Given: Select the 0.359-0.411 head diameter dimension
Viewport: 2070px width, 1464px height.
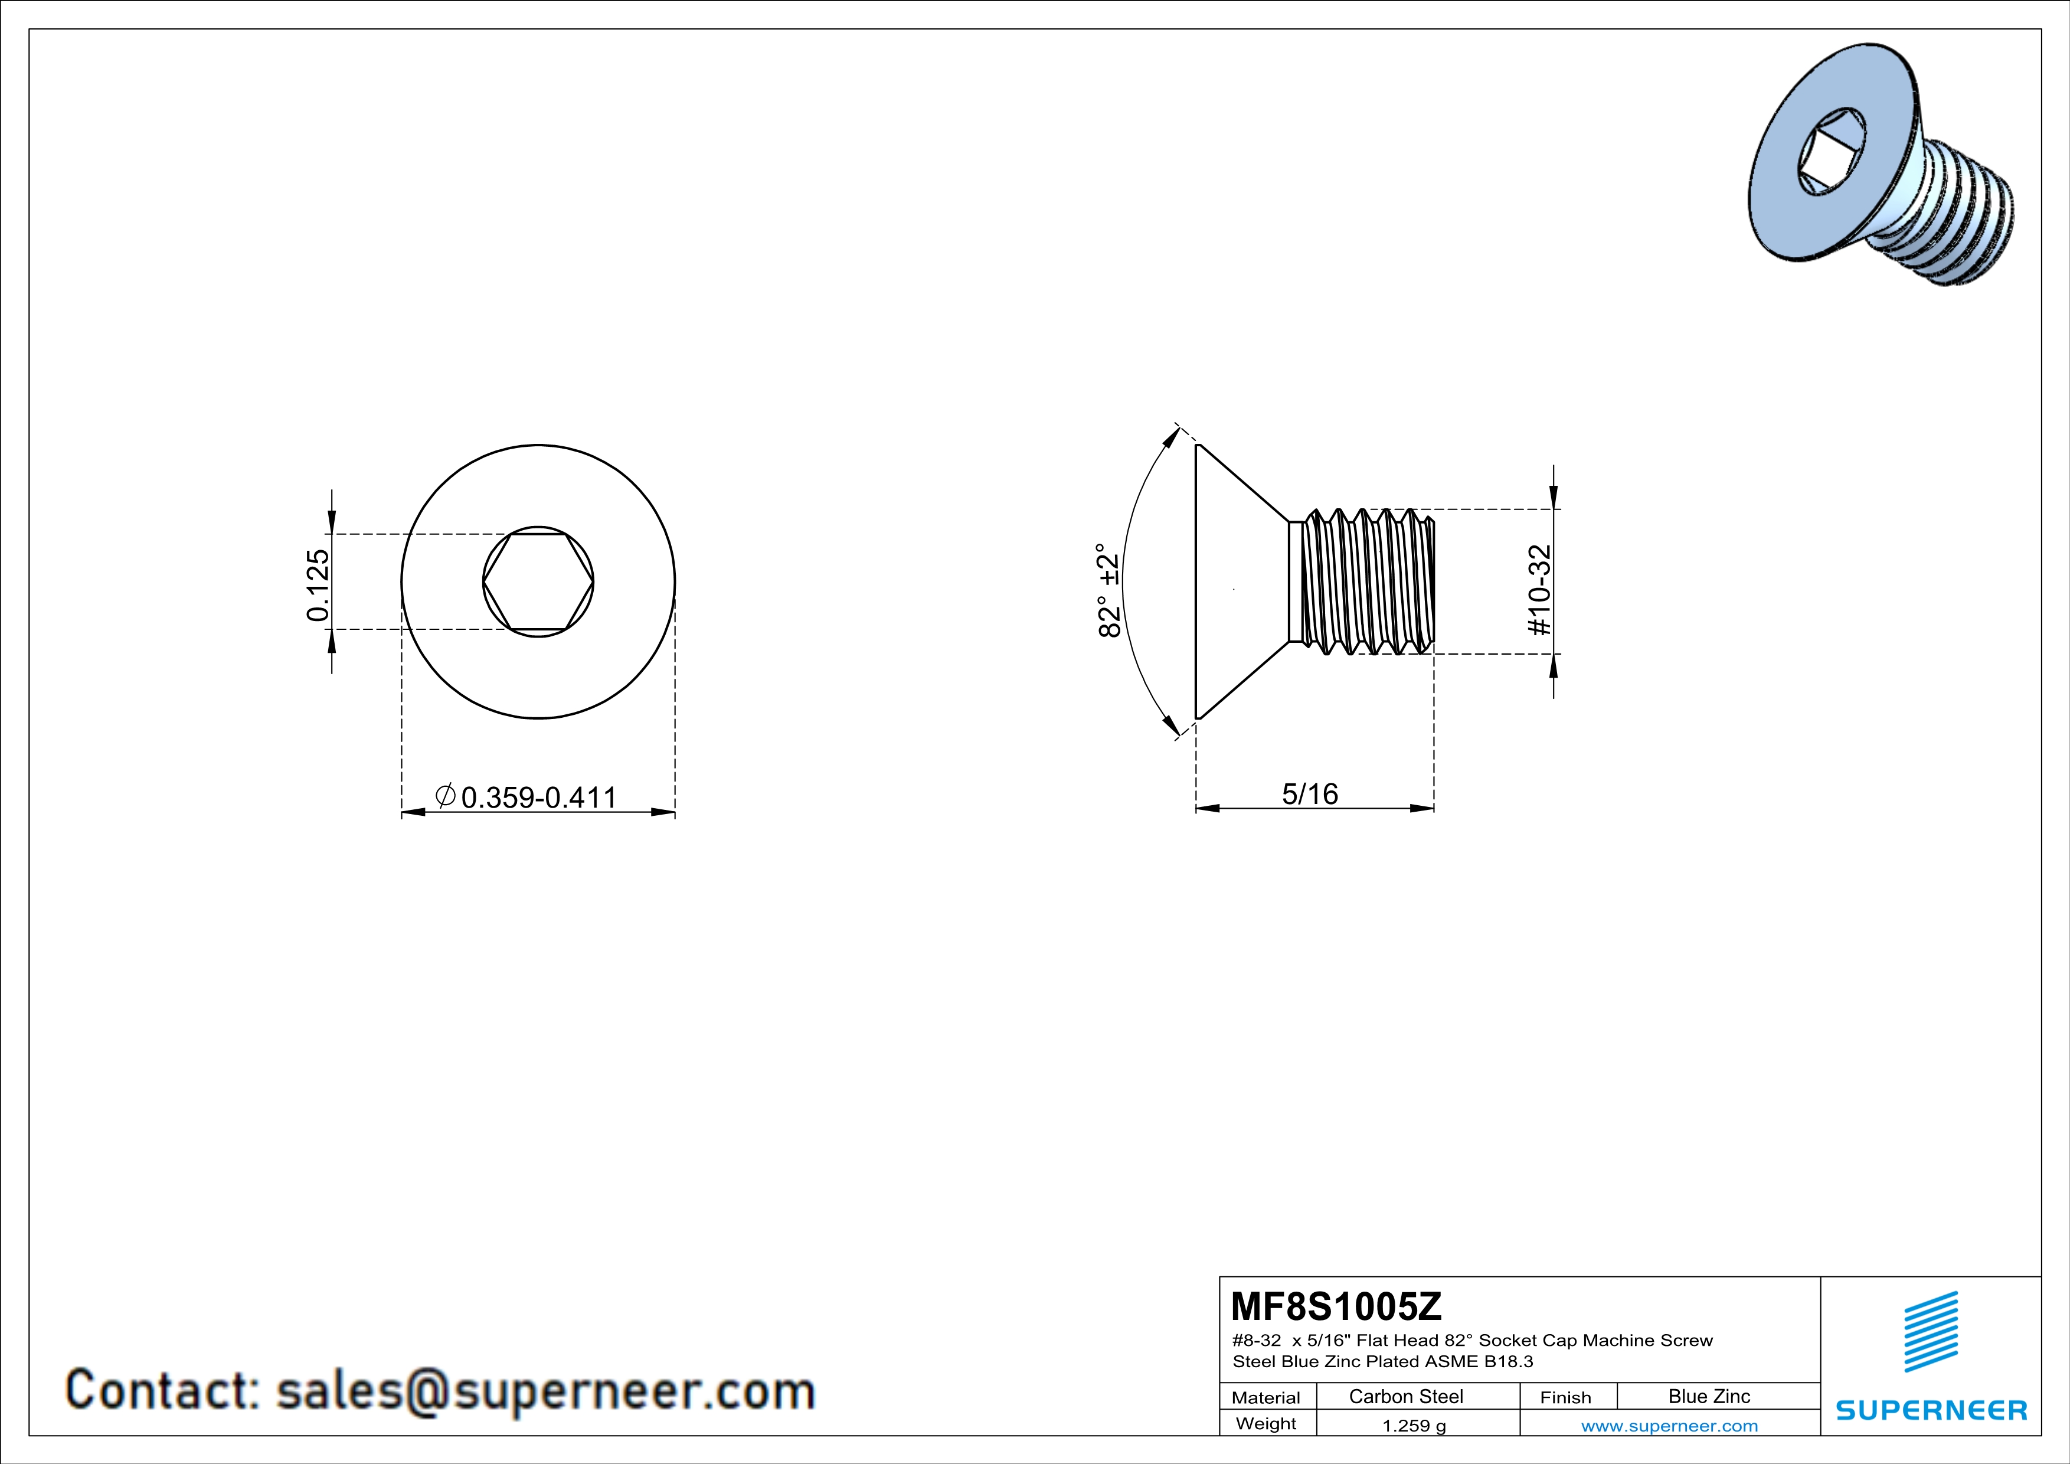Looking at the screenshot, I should tap(538, 797).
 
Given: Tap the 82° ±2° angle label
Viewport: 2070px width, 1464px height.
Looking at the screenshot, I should tap(1109, 590).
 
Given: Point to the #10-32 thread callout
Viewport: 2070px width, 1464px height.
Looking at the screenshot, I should tap(1541, 590).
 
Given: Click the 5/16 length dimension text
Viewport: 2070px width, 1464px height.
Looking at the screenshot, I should tap(1310, 793).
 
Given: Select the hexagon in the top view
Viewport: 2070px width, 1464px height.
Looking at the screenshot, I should tap(538, 581).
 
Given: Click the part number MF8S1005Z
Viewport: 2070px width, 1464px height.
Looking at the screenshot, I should tap(1336, 1305).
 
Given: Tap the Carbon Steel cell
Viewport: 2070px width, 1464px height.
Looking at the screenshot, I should tap(1405, 1396).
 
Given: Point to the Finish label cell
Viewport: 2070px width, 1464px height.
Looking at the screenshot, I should tap(1565, 1397).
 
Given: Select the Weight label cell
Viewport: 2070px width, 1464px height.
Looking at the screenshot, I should tap(1266, 1423).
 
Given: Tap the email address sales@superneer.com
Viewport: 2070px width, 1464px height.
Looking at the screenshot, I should tap(545, 1391).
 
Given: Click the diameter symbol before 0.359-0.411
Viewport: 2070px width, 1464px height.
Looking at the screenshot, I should tap(444, 795).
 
